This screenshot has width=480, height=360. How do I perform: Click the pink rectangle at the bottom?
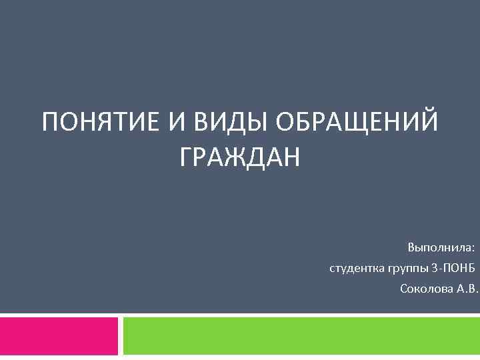click(x=59, y=336)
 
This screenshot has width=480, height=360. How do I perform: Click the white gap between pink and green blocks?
click(x=121, y=336)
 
